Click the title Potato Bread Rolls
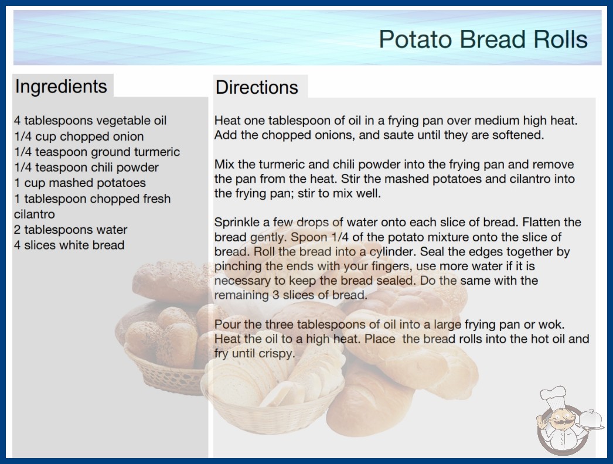pos(483,39)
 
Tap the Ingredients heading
pos(61,87)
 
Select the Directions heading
pos(257,87)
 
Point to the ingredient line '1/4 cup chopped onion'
pos(79,137)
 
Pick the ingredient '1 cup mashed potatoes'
pos(80,183)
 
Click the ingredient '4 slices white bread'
pos(69,245)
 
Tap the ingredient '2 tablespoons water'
pos(71,230)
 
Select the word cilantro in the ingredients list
pos(35,214)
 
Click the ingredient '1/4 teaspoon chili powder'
pos(86,168)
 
